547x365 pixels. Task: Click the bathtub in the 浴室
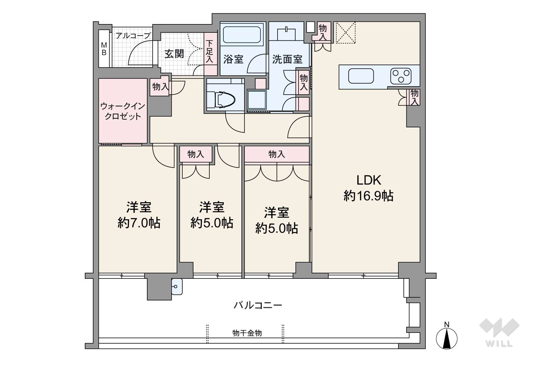pos(242,34)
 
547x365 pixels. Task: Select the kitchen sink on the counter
pos(361,76)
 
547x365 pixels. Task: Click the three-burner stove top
pos(401,76)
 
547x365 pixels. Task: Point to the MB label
pos(104,49)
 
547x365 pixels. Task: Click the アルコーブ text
pos(133,36)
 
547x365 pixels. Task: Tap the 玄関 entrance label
pos(174,54)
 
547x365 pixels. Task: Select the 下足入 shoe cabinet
pos(210,54)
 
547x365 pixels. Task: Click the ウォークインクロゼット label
pos(123,111)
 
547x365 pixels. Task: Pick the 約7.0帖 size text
pos(139,223)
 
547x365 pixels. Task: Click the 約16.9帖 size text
pos(368,196)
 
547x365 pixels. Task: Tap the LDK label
pos(369,180)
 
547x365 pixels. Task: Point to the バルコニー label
pos(258,305)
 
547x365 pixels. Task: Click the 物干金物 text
pos(247,333)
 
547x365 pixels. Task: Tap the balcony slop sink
pos(177,286)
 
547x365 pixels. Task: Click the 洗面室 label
pos(288,59)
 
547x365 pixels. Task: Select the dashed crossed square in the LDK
pos(346,32)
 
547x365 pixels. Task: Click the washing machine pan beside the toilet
pos(257,100)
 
